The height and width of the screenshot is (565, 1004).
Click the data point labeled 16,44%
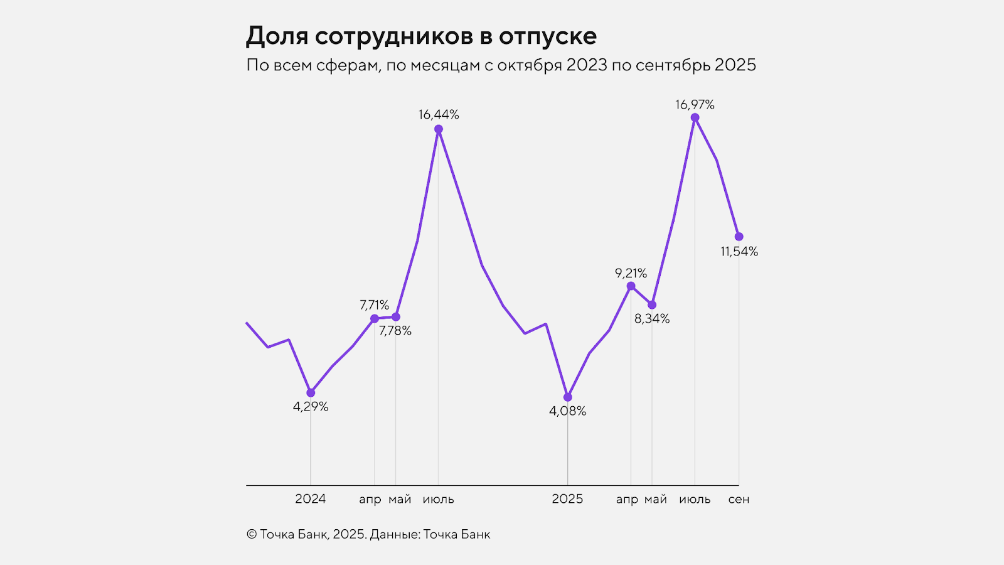tap(439, 129)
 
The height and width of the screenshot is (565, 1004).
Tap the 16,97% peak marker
tap(695, 117)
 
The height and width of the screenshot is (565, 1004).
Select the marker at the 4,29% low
tap(311, 393)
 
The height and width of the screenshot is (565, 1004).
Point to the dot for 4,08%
tap(568, 397)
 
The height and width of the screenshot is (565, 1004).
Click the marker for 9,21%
tap(631, 286)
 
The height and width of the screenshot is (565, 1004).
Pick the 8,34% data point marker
tap(652, 305)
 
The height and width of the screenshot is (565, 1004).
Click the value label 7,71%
tap(374, 305)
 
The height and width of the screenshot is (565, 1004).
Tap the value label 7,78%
tap(395, 331)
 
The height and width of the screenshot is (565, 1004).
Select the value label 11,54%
tap(739, 252)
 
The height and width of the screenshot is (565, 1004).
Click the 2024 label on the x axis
tap(311, 499)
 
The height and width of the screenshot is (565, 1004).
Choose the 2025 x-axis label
tap(567, 499)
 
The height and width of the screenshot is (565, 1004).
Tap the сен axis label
tap(739, 500)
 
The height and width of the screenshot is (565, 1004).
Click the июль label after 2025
tap(695, 500)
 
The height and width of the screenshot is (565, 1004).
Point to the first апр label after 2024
tap(370, 500)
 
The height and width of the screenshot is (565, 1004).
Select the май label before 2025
tap(400, 499)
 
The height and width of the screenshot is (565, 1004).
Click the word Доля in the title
tap(277, 36)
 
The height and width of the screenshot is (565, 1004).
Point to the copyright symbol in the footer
tap(252, 535)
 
